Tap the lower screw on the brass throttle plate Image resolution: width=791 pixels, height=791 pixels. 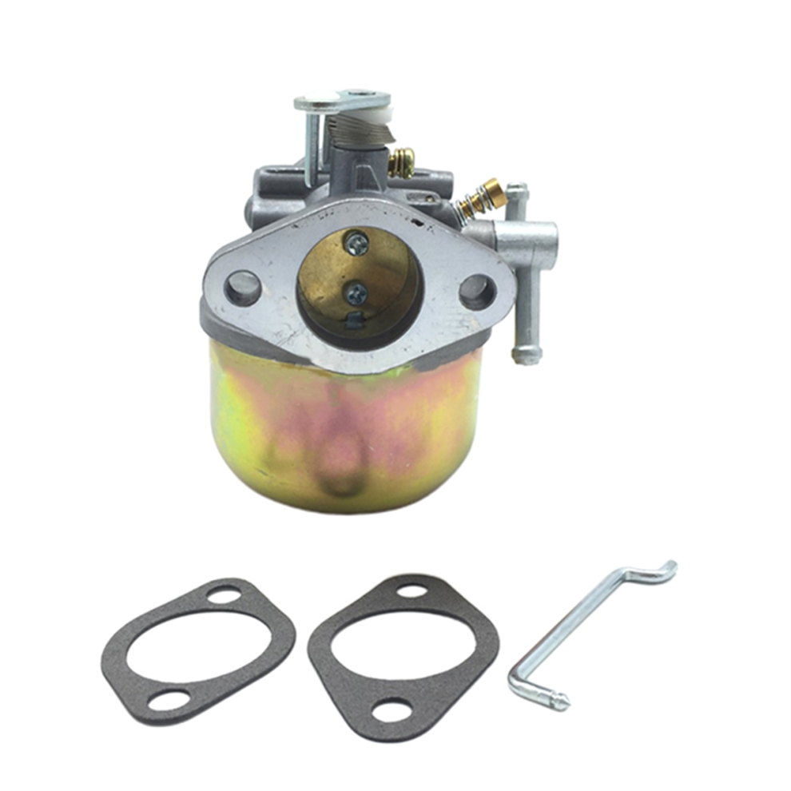tap(357, 293)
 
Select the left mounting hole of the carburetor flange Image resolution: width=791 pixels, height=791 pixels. tap(243, 288)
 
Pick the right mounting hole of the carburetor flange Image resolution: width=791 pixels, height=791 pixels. tap(477, 292)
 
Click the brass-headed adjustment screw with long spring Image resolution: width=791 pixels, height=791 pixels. tap(489, 194)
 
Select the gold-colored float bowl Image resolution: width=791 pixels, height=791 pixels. tap(344, 431)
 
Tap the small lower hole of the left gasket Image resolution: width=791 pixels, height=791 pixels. tap(169, 700)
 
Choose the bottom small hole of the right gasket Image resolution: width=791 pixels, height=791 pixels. tap(392, 710)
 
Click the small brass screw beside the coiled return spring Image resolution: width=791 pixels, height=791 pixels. tap(401, 162)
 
